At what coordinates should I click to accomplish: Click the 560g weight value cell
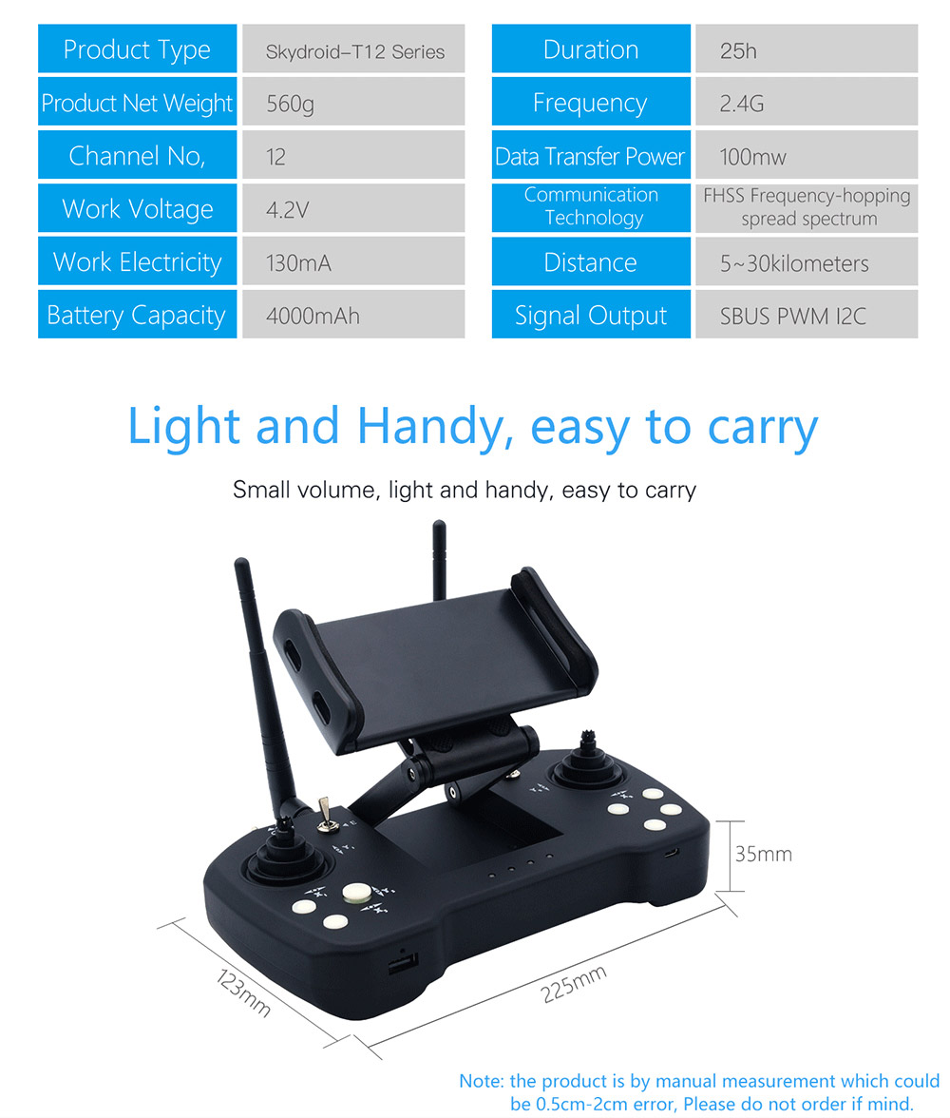(x=353, y=102)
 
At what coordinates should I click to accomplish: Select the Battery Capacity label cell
(x=137, y=315)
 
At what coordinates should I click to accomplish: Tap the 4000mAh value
(x=313, y=316)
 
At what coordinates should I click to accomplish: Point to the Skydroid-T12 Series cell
(x=353, y=48)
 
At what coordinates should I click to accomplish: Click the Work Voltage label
(x=138, y=209)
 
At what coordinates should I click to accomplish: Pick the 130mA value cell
(x=353, y=261)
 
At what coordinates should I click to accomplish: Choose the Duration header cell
(x=591, y=48)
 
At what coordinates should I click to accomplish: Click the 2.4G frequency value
(x=742, y=104)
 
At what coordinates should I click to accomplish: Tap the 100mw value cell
(x=807, y=155)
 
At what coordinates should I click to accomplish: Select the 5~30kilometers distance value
(x=794, y=263)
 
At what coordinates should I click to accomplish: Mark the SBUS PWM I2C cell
(x=807, y=315)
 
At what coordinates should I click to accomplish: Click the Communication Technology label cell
(x=591, y=208)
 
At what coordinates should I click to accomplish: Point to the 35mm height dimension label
(x=763, y=854)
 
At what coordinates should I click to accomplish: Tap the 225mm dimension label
(x=573, y=984)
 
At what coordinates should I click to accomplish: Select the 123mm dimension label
(x=244, y=992)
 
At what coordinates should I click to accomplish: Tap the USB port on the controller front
(x=403, y=964)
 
